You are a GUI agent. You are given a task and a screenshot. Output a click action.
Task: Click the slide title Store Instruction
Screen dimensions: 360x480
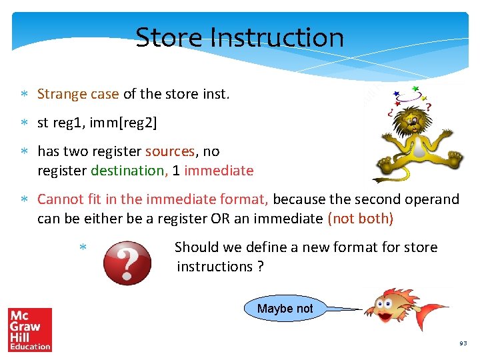click(240, 37)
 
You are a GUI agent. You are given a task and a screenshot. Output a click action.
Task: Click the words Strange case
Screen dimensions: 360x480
click(78, 94)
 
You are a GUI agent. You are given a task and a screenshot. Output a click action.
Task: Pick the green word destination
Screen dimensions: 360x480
click(128, 171)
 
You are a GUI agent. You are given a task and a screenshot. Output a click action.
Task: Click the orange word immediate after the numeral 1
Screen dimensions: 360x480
click(219, 171)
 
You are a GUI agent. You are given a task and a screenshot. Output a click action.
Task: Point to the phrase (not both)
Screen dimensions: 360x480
click(360, 219)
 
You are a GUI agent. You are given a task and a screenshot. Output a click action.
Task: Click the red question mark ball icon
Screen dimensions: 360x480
click(127, 263)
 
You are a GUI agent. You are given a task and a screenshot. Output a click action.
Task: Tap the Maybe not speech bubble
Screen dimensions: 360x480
click(285, 309)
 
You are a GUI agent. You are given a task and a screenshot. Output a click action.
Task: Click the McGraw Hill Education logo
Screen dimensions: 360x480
click(30, 329)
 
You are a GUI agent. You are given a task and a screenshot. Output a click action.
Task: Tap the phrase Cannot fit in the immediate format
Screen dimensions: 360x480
click(153, 199)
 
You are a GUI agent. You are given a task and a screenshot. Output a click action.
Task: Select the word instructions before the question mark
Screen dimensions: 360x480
click(214, 267)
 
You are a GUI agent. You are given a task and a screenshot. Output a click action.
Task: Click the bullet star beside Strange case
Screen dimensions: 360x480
click(24, 95)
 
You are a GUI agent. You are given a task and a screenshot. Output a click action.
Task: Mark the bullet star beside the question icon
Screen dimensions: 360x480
click(83, 248)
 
